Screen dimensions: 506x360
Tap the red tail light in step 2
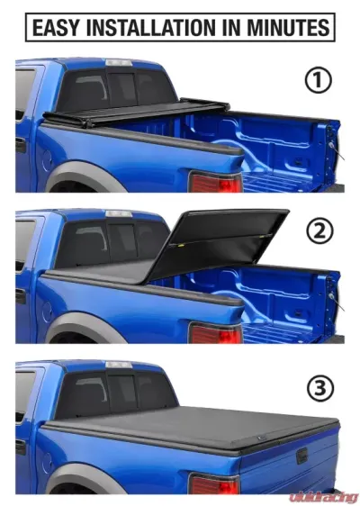click(x=216, y=335)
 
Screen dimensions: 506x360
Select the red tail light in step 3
click(x=214, y=486)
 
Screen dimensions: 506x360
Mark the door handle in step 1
click(x=20, y=144)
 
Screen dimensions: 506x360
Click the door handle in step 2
click(x=20, y=294)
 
